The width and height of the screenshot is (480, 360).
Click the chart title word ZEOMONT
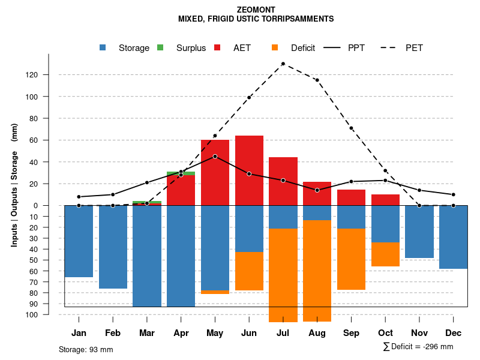pyautogui.click(x=256, y=10)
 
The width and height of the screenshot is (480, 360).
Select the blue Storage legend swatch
pyautogui.click(x=104, y=48)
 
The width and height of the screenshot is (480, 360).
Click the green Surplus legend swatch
pyautogui.click(x=160, y=48)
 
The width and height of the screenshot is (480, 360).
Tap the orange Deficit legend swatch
pyautogui.click(x=275, y=48)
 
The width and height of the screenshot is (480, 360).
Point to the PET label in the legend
pyautogui.click(x=414, y=48)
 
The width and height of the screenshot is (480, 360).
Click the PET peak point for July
pyautogui.click(x=283, y=64)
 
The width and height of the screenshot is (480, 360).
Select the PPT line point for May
pyautogui.click(x=215, y=157)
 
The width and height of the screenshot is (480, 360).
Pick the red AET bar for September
pyautogui.click(x=351, y=197)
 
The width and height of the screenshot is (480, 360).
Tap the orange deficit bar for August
pyautogui.click(x=317, y=271)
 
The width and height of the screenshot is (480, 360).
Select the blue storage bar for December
pyautogui.click(x=453, y=237)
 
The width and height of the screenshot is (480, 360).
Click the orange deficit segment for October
pyautogui.click(x=385, y=254)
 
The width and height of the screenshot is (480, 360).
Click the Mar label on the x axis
pyautogui.click(x=147, y=332)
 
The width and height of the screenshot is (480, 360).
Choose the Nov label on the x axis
pyautogui.click(x=419, y=332)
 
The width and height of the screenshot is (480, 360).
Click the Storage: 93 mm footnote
pyautogui.click(x=86, y=349)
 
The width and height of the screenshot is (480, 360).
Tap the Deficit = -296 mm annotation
pyautogui.click(x=418, y=347)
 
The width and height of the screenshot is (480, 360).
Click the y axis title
pyautogui.click(x=14, y=185)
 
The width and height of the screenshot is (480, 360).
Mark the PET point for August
pyautogui.click(x=317, y=80)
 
